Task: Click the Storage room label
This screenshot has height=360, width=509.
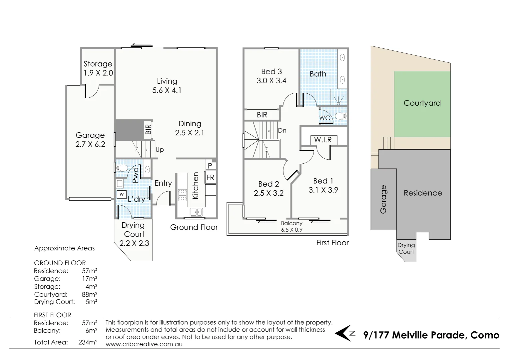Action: tap(98, 64)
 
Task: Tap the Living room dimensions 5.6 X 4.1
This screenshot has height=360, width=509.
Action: tap(167, 90)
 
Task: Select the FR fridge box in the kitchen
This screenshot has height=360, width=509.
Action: tap(210, 178)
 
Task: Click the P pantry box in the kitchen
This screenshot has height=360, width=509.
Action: tap(210, 166)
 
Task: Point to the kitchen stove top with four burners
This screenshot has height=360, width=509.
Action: tap(182, 195)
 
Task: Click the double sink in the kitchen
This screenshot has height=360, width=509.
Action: tap(196, 212)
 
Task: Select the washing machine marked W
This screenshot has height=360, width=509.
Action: tap(122, 194)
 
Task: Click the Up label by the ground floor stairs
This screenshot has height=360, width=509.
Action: tap(160, 150)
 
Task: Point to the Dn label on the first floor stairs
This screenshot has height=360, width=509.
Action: tap(282, 130)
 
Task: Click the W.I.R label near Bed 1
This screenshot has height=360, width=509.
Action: tap(323, 140)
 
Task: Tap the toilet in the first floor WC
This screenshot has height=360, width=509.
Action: tap(340, 116)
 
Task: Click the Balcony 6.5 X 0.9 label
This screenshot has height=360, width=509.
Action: tap(292, 226)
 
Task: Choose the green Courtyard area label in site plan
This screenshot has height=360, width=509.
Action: tap(422, 103)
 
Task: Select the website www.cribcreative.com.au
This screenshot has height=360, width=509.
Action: tap(144, 344)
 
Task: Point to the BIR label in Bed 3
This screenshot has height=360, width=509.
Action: tap(262, 115)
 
